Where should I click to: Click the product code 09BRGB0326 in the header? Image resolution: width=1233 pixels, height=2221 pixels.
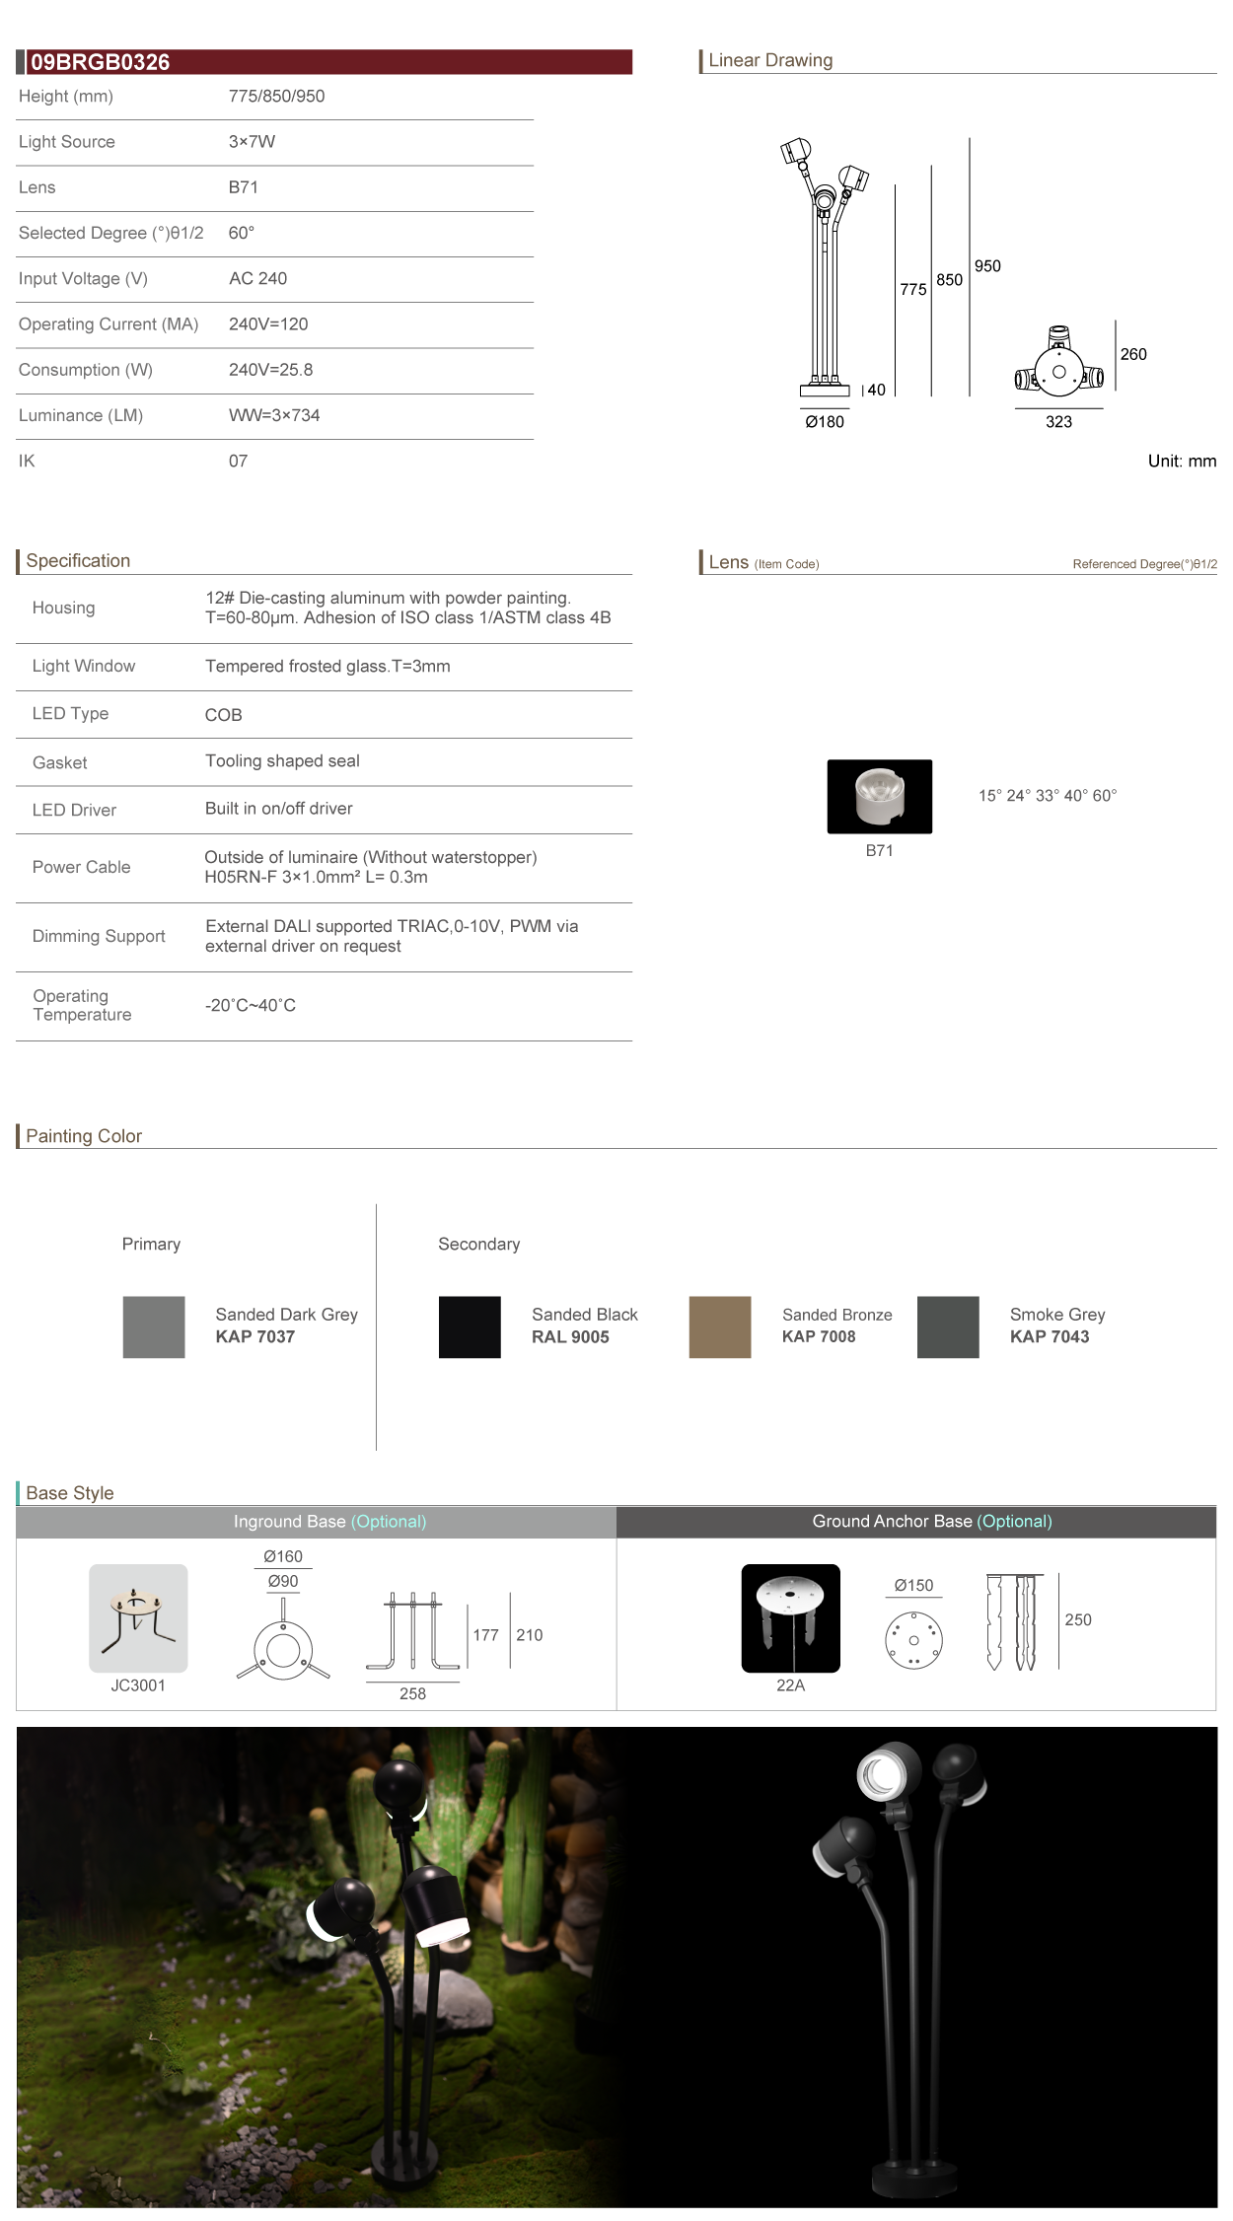tap(100, 62)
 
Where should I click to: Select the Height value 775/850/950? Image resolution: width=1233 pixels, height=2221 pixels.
tap(276, 97)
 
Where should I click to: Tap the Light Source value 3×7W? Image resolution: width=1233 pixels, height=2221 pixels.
tap(252, 142)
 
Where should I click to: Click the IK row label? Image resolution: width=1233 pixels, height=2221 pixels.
tap(27, 461)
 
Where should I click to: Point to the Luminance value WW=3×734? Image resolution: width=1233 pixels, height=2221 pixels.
tap(274, 415)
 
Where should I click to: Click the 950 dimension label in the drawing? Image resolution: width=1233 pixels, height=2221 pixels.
tap(987, 266)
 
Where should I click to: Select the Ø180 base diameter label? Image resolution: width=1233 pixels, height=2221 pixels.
tap(825, 422)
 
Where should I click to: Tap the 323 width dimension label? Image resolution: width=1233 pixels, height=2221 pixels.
tap(1058, 422)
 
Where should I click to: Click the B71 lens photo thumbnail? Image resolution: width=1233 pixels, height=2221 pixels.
tap(879, 796)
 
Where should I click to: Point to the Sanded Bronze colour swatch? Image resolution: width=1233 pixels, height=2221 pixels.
tap(720, 1326)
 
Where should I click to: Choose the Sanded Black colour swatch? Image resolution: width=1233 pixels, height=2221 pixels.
tap(470, 1326)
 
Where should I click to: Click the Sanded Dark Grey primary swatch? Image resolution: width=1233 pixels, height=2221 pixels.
tap(154, 1326)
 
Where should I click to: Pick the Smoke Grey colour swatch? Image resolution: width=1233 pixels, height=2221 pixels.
tap(948, 1326)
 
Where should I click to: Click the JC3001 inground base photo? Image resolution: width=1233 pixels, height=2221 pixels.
tap(138, 1617)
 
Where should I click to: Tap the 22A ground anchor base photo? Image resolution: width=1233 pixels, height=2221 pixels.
tap(790, 1617)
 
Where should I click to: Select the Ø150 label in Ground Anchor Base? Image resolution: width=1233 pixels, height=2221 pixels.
tap(913, 1585)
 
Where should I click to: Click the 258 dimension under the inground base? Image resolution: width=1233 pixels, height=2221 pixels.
tap(412, 1693)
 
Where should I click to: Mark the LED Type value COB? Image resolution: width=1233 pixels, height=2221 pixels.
tap(224, 715)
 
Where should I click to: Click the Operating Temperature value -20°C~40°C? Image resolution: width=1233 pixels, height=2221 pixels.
tap(251, 1006)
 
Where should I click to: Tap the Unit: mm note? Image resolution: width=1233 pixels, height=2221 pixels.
tap(1182, 461)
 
